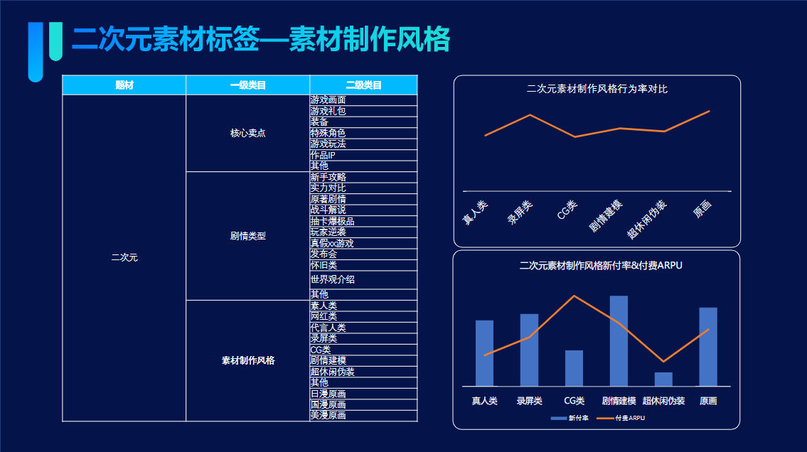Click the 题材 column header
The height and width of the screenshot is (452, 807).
click(124, 85)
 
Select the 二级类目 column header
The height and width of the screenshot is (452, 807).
click(363, 85)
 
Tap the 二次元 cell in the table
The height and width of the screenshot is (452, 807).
click(124, 257)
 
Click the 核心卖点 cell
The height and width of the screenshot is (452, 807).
click(247, 133)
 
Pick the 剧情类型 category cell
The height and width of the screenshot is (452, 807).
click(247, 236)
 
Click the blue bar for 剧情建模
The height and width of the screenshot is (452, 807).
click(619, 341)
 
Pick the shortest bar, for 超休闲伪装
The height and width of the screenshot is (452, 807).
click(663, 380)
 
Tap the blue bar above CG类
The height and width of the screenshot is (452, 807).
click(574, 368)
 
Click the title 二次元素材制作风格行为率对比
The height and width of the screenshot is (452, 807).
click(597, 89)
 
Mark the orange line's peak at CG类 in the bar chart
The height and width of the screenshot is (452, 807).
click(574, 296)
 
